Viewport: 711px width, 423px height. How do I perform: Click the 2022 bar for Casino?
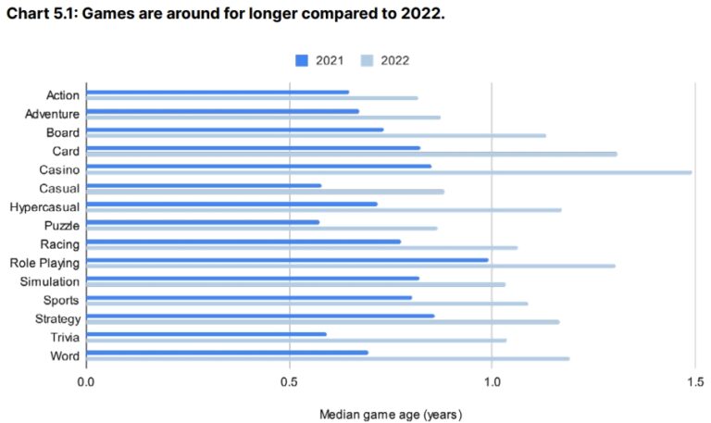389,172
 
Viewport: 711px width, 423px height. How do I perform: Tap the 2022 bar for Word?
328,358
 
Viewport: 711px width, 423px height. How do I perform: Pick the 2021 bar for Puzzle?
203,222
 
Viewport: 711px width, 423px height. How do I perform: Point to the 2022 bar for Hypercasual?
324,209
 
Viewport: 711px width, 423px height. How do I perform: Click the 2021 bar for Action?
218,92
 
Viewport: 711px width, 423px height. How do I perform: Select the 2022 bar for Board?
316,135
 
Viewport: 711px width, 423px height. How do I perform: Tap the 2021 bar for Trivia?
206,334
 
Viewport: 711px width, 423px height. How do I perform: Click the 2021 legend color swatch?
302,60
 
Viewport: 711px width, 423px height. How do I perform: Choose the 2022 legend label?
393,60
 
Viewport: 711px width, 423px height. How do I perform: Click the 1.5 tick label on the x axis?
693,380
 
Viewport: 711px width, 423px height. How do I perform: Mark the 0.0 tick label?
86,380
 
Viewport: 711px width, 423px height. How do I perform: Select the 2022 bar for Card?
352,154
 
